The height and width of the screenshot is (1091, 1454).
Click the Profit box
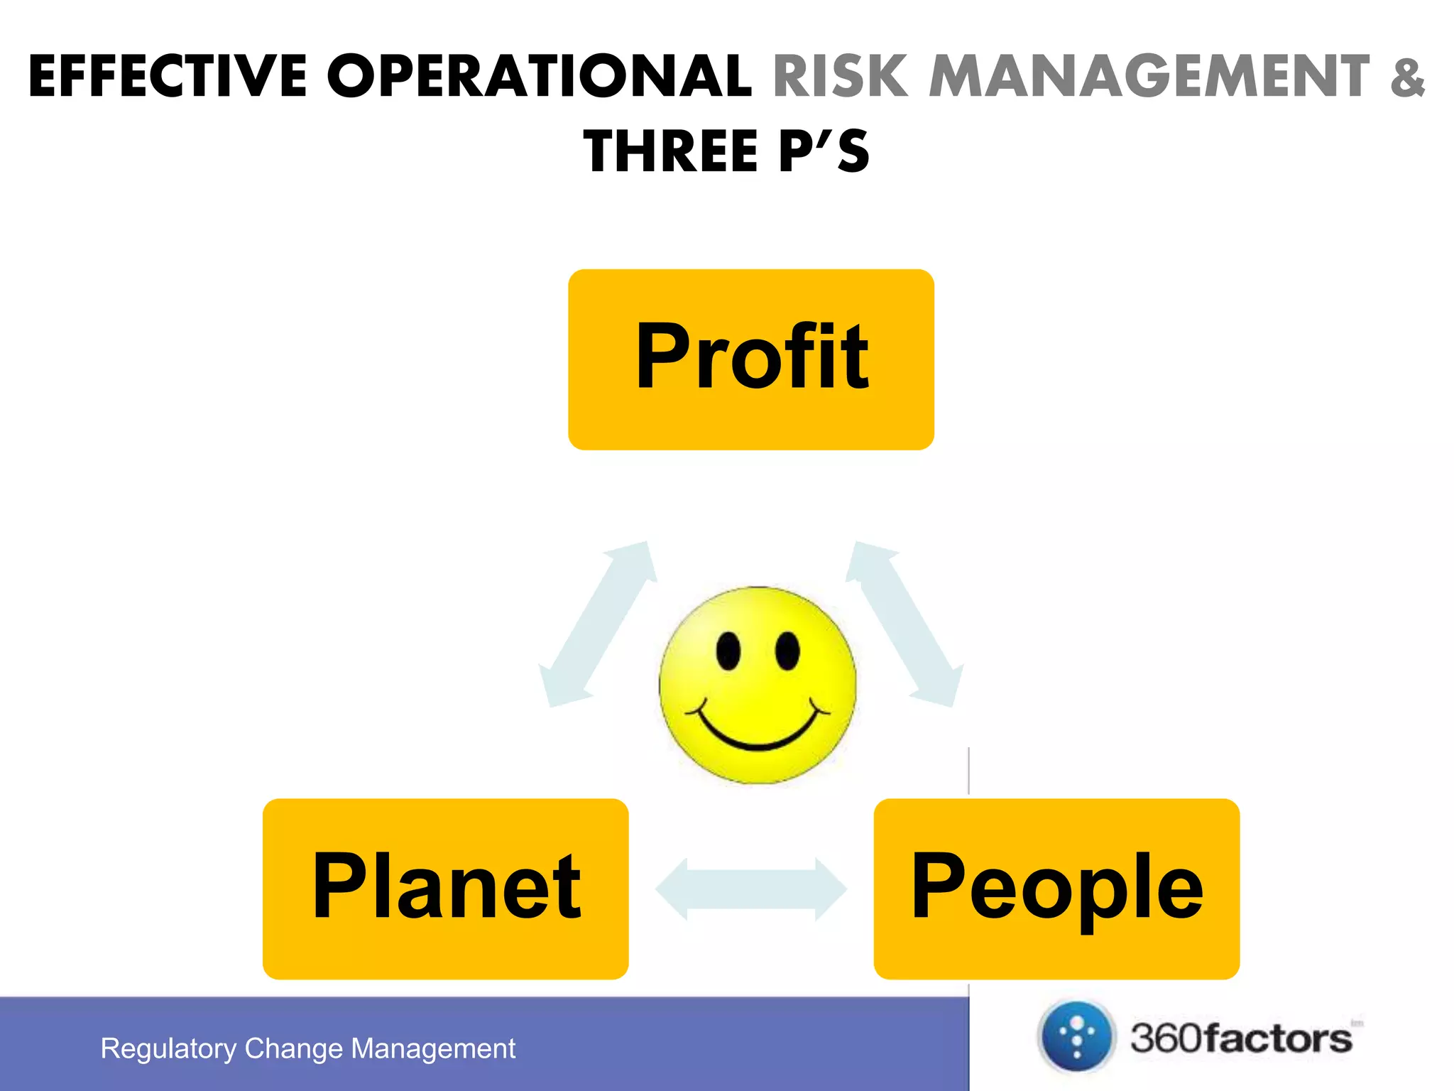[x=751, y=359]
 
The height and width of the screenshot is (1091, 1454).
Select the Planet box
[x=445, y=889]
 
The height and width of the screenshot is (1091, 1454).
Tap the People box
[x=1056, y=889]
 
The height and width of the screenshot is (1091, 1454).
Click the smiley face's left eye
[x=728, y=651]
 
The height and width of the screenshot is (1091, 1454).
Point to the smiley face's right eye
[x=787, y=651]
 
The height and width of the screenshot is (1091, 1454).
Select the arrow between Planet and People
[x=751, y=889]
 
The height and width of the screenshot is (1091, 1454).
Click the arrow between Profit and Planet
[x=598, y=624]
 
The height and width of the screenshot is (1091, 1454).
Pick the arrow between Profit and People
[x=904, y=624]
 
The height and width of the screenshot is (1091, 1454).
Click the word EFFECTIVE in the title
[x=168, y=77]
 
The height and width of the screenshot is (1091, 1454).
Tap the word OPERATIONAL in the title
[x=540, y=77]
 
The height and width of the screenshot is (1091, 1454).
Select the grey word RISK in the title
[x=840, y=77]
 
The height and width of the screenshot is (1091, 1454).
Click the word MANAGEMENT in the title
[x=1149, y=77]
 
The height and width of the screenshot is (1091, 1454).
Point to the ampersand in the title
[x=1408, y=77]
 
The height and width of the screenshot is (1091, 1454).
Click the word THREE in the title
[x=672, y=152]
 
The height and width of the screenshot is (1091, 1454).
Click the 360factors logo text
[x=1241, y=1038]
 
